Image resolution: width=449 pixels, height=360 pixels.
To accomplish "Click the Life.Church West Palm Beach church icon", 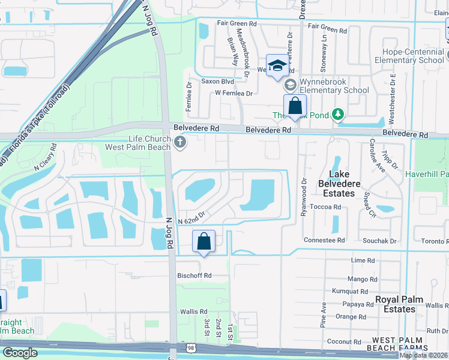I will [181, 142].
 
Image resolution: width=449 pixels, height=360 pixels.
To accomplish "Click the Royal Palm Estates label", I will [399, 304].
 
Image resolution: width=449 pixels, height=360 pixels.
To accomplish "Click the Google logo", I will [20, 352].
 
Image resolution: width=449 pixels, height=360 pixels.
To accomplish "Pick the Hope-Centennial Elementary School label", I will [409, 56].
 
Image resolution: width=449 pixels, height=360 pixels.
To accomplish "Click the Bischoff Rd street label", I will [194, 275].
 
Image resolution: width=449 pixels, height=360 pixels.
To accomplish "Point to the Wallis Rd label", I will [193, 312].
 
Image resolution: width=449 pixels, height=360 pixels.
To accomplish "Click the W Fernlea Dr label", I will [234, 93].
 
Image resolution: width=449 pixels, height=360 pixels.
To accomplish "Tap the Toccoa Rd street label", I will [330, 207].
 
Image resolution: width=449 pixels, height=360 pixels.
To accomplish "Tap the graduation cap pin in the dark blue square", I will [277, 65].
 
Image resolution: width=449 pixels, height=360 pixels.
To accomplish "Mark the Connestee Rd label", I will [324, 240].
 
